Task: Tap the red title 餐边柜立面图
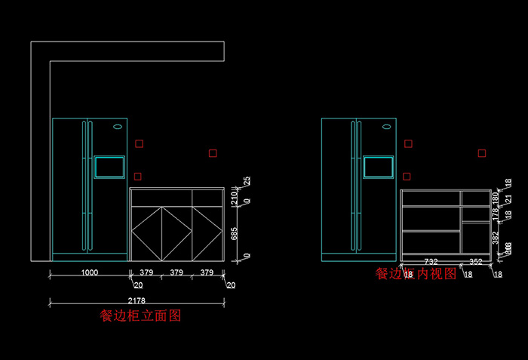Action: (140, 316)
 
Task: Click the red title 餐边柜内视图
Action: (416, 274)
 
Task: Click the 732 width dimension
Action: (431, 262)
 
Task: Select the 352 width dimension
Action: (476, 262)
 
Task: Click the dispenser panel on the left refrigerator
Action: (109, 166)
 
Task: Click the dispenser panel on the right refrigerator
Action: (379, 166)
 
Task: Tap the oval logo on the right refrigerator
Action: (386, 127)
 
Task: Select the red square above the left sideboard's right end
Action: (213, 153)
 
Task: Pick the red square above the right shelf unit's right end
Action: (482, 153)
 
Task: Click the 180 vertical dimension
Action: (495, 198)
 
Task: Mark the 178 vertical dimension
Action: (495, 214)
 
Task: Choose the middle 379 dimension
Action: (177, 272)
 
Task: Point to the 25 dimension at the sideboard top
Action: (247, 181)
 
